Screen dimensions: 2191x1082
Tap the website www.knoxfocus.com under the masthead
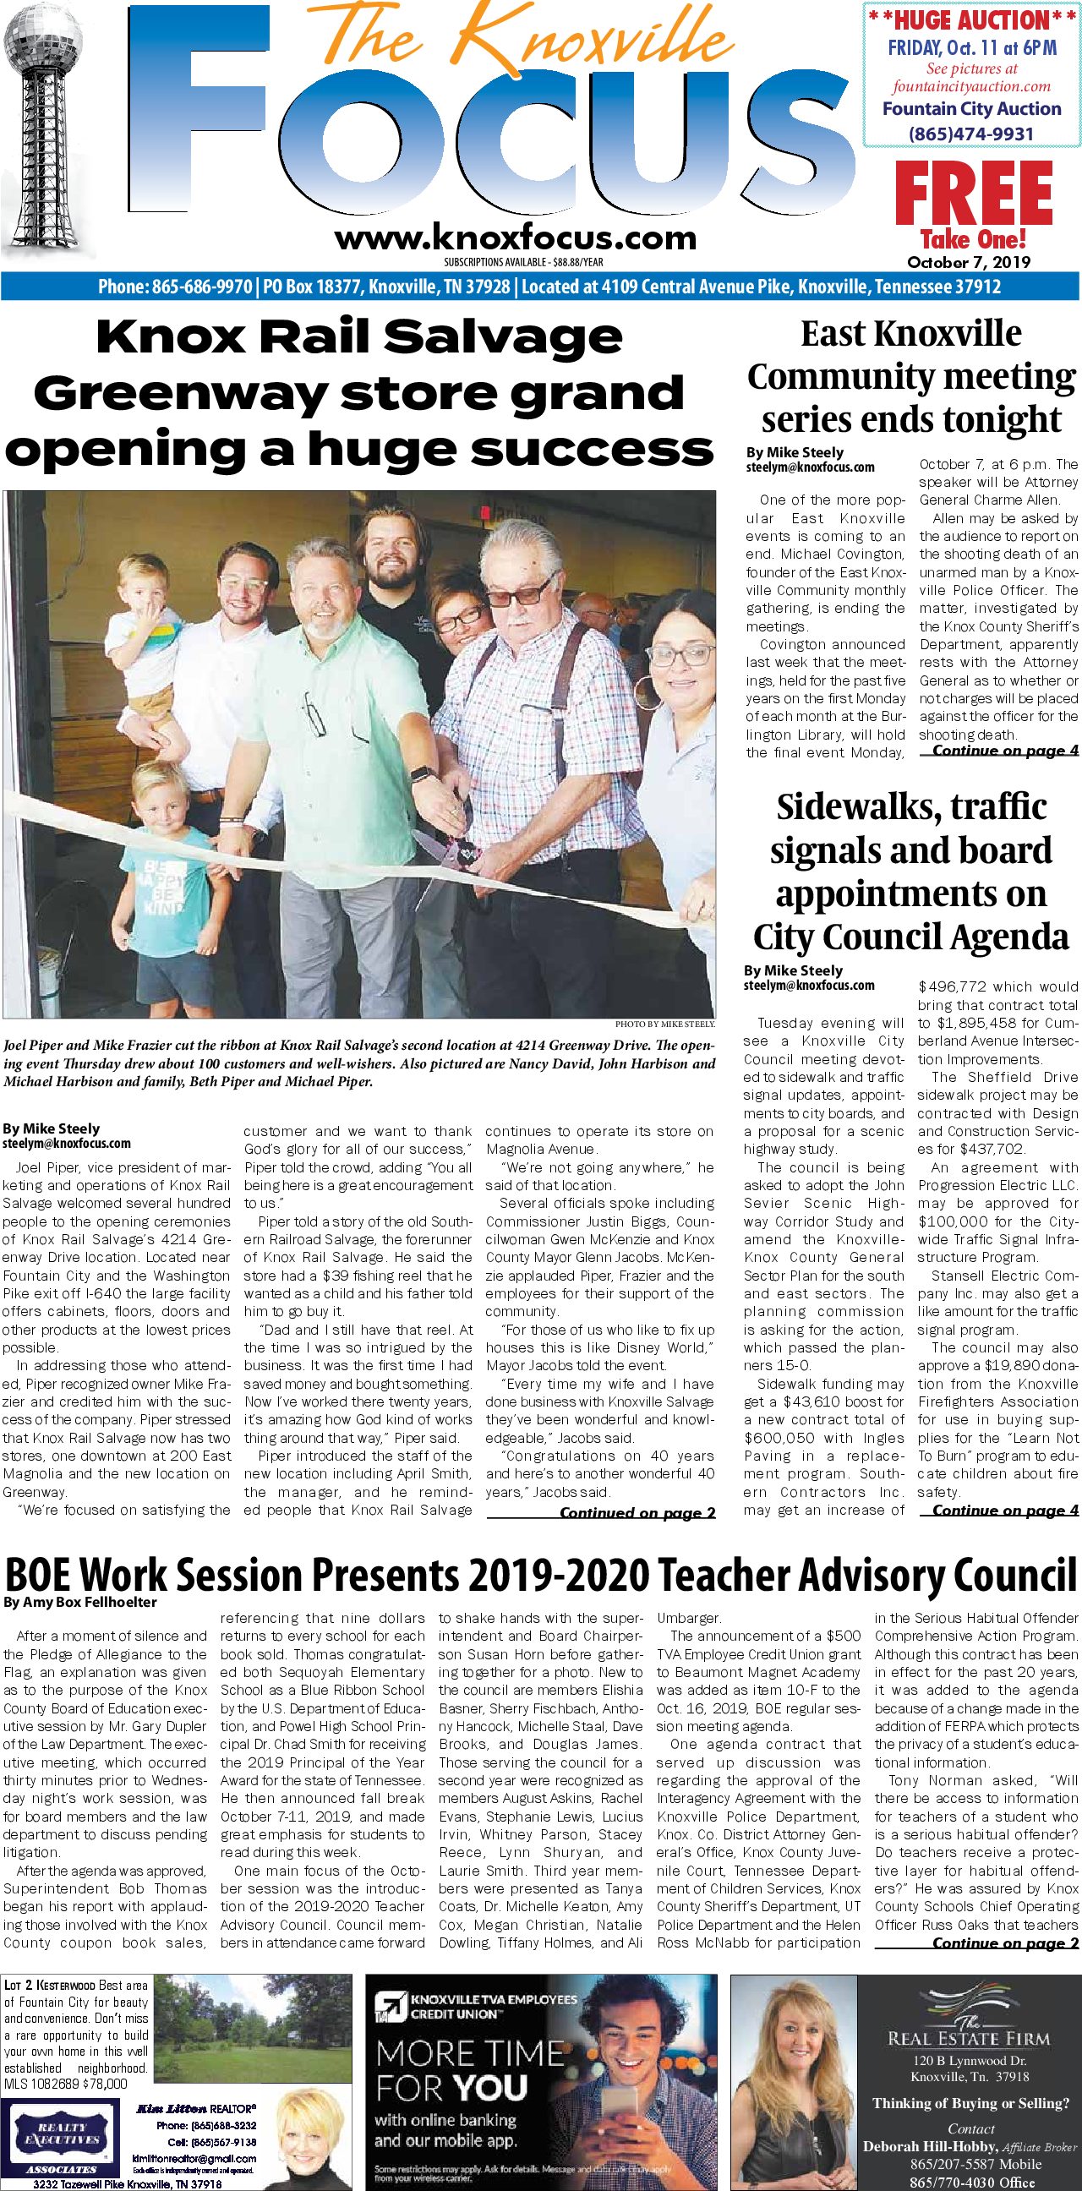pyautogui.click(x=515, y=238)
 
